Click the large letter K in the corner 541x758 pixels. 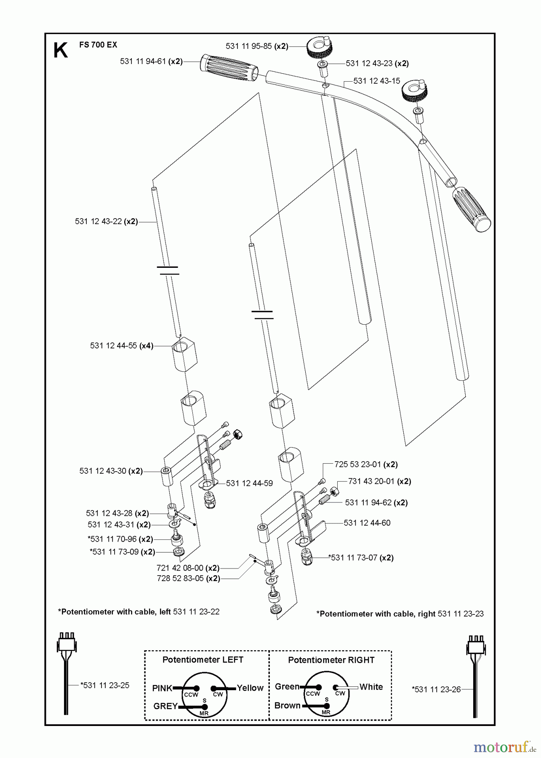pos(61,51)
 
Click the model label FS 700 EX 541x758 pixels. pos(98,45)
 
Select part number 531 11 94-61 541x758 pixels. pos(144,61)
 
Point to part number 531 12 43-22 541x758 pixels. pos(99,221)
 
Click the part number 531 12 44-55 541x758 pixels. pos(114,346)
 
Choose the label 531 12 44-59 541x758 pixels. pos(249,483)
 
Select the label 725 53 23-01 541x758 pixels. pos(358,464)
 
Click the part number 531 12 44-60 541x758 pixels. pos(367,523)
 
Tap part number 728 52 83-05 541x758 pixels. pos(180,579)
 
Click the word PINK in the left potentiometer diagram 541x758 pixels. pos(163,688)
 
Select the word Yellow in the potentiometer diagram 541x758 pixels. pos(250,688)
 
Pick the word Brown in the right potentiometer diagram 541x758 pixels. pos(288,705)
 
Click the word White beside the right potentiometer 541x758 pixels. pos(371,687)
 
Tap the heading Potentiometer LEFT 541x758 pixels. pos(203,659)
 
